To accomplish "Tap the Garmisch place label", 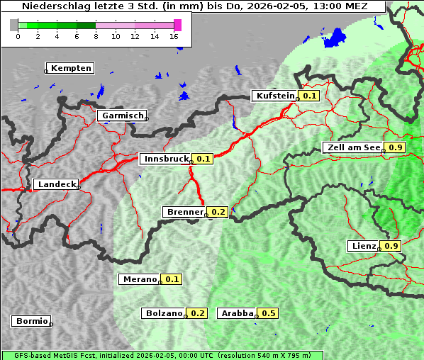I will (123, 116).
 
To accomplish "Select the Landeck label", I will (57, 184).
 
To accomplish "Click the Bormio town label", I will (31, 321).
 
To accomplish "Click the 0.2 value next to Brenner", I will (218, 212).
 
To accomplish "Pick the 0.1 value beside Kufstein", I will (309, 96).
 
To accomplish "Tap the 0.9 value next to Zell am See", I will (395, 147).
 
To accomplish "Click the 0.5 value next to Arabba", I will (268, 313).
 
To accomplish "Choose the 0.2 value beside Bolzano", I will (197, 313).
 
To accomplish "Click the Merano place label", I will (140, 279).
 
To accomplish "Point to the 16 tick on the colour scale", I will (174, 36).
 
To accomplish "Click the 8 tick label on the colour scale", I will (96, 36).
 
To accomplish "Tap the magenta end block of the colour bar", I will (177, 25).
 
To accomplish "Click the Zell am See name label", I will (352, 147).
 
